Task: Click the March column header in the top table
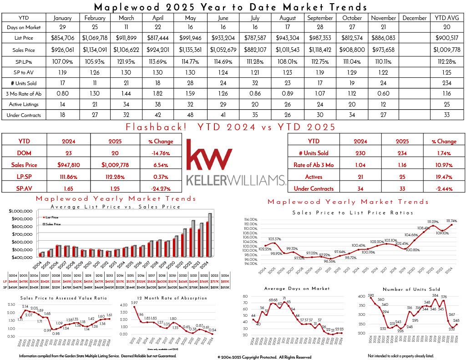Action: point(126,18)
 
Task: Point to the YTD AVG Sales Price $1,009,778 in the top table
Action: point(446,50)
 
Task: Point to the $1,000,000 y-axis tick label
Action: point(20,211)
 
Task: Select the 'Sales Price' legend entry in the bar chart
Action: point(52,224)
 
